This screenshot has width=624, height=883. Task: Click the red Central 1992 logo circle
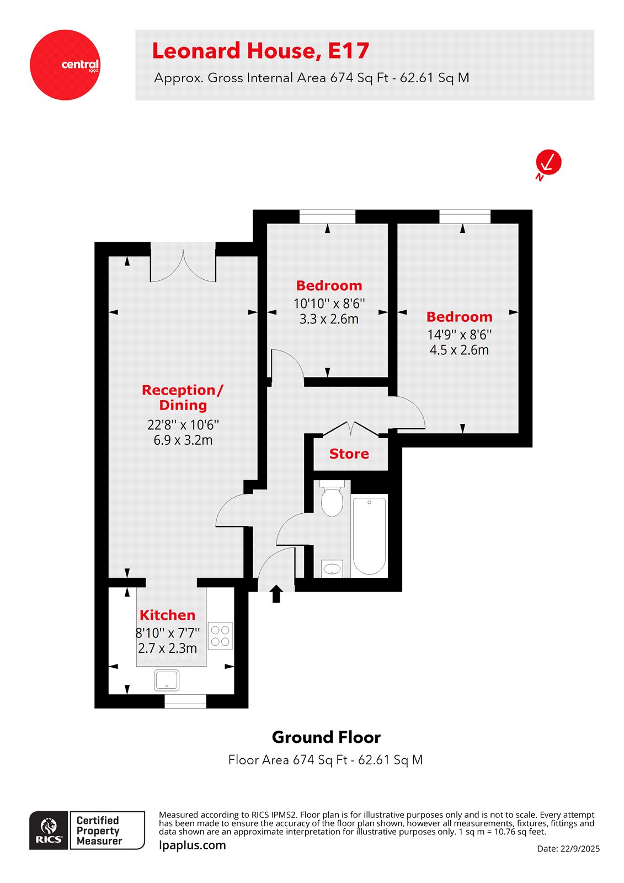pos(65,65)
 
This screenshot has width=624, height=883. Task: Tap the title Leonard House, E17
pos(260,51)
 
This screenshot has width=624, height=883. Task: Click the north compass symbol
pos(548,163)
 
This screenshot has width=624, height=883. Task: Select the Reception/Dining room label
pos(183,397)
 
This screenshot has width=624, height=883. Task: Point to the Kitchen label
pos(167,615)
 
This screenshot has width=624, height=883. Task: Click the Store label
pos(349,454)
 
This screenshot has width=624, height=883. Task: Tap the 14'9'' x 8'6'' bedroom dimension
pos(459,334)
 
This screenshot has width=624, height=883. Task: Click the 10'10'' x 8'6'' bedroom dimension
pos(329,304)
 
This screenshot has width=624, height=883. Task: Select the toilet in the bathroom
pos(332,499)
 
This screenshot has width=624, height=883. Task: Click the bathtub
pos(369,535)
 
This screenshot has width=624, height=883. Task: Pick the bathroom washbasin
pos(332,568)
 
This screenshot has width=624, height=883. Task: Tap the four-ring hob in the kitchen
pos(220,636)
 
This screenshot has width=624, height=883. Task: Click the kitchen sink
pos(167,680)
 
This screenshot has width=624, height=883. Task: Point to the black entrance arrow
pos(276,594)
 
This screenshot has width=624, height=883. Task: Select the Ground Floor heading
pos(326,737)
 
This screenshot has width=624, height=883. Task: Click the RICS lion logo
pos(49,830)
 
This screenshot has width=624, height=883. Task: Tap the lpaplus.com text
pos(192,845)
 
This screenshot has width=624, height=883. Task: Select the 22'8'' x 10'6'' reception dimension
pos(183,425)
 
